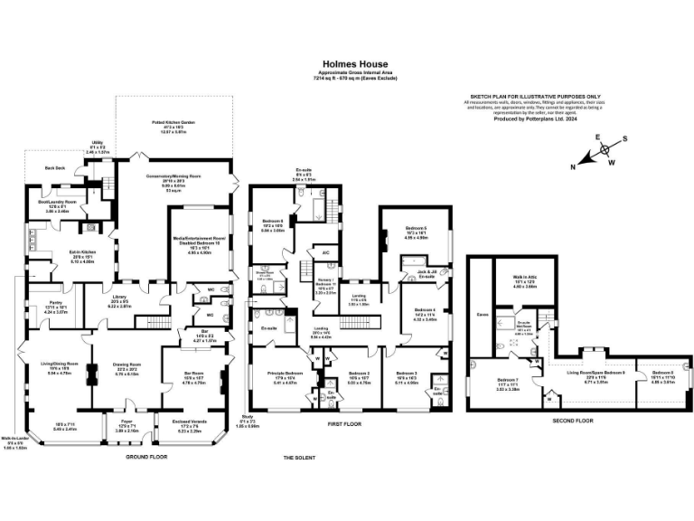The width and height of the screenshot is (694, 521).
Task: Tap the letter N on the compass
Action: click(x=573, y=166)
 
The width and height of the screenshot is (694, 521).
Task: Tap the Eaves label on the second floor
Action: click(x=482, y=315)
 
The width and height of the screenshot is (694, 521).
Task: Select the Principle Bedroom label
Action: click(x=285, y=372)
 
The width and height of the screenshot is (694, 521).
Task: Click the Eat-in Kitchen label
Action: click(x=59, y=256)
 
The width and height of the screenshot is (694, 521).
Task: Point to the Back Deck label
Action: click(x=55, y=168)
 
